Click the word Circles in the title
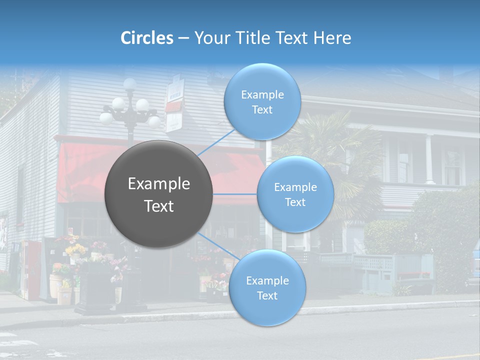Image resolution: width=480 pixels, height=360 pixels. pyautogui.click(x=147, y=38)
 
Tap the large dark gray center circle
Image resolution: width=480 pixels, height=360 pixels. pyautogui.click(x=159, y=194)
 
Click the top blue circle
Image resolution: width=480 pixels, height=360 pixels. pyautogui.click(x=262, y=102)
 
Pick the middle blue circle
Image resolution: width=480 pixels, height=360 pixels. pyautogui.click(x=295, y=194)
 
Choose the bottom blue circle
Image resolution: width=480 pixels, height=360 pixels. pyautogui.click(x=267, y=288)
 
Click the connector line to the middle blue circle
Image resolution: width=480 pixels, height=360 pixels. pyautogui.click(x=235, y=194)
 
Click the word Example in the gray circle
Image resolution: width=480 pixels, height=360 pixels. pyautogui.click(x=159, y=184)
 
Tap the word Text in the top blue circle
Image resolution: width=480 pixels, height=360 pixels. pyautogui.click(x=262, y=110)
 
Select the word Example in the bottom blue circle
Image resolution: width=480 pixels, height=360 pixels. pyautogui.click(x=267, y=280)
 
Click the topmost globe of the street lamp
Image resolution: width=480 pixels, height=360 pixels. pyautogui.click(x=130, y=83)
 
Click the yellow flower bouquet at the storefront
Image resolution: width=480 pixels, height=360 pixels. pyautogui.click(x=75, y=248)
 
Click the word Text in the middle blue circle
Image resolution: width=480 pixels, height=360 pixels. pyautogui.click(x=295, y=202)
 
